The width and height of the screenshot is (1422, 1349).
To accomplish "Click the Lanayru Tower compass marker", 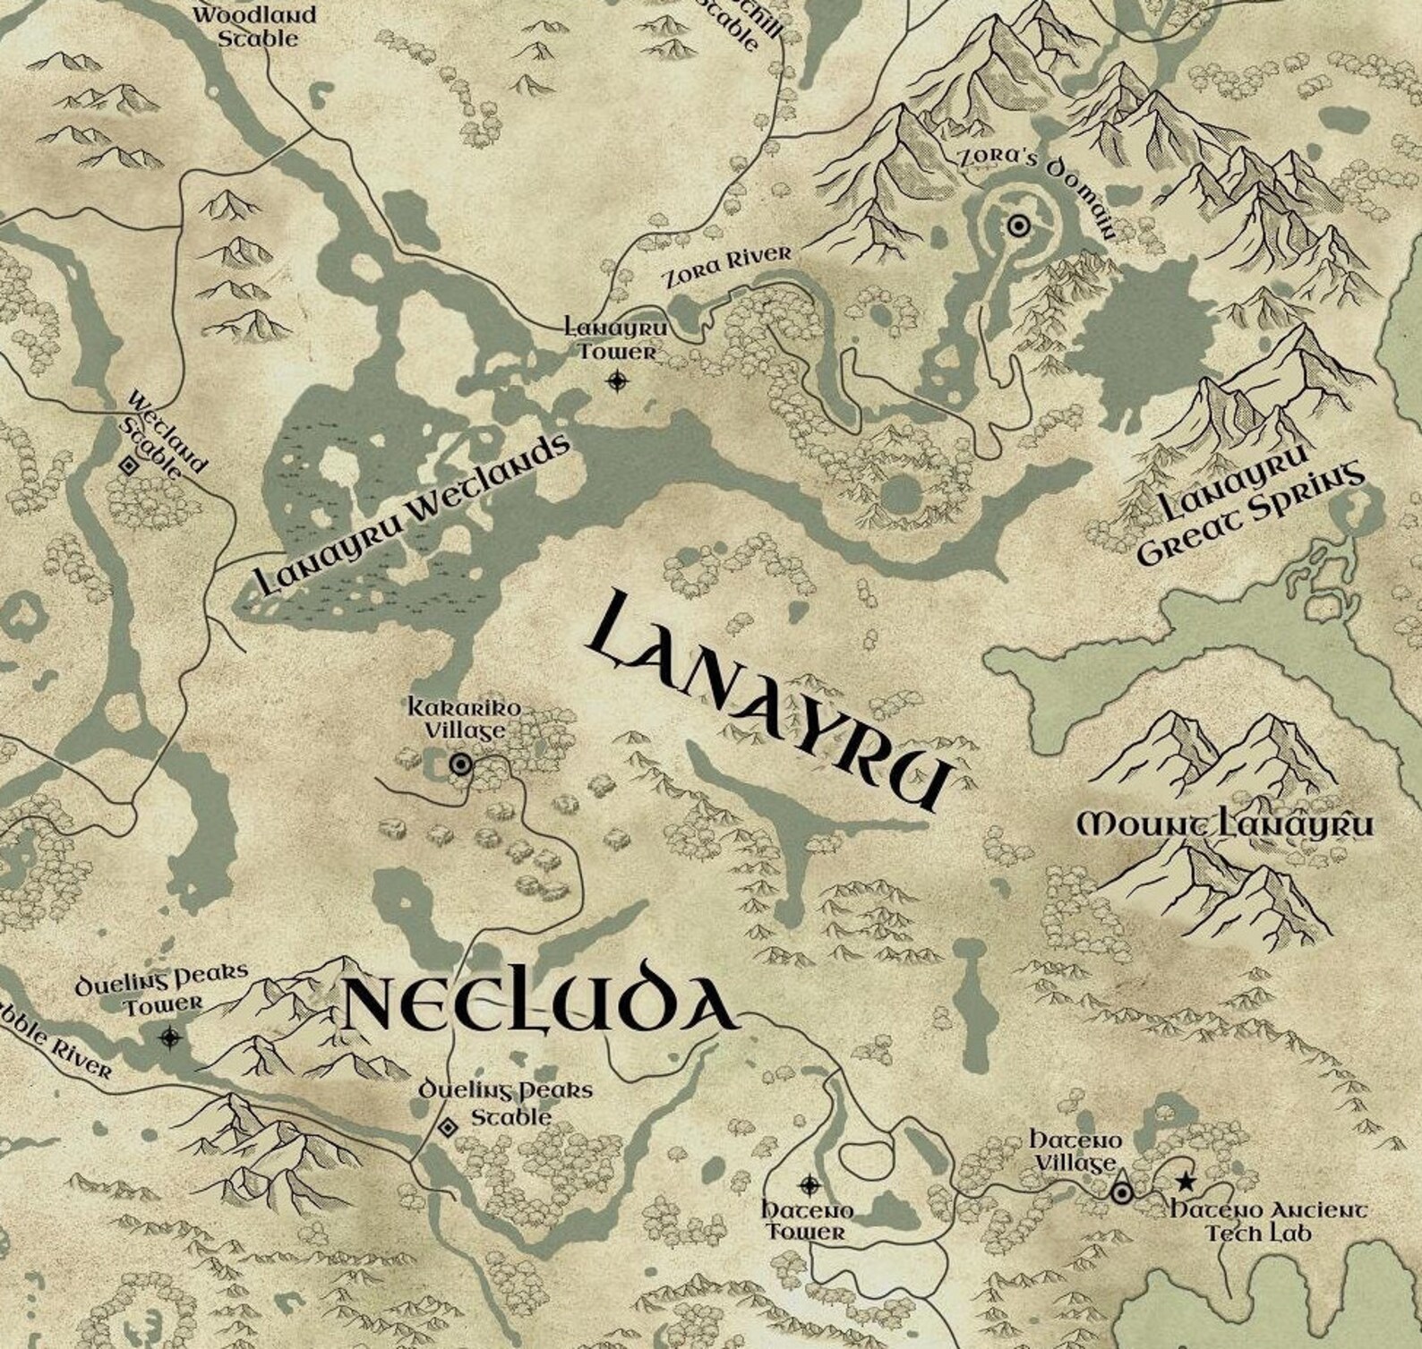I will tap(617, 382).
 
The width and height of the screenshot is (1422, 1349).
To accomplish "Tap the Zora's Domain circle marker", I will tap(1018, 226).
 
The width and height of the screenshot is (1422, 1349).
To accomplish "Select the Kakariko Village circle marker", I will tap(460, 764).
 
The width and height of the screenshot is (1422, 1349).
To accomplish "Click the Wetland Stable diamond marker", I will tap(127, 465).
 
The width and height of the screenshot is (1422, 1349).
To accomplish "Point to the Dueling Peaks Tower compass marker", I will tap(169, 1037).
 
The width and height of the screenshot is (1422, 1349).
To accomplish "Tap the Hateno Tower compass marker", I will tap(810, 1186).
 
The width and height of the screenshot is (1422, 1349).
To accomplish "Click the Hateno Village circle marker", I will tap(1121, 1193).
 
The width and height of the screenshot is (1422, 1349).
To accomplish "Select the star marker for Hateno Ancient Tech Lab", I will tap(1186, 1183).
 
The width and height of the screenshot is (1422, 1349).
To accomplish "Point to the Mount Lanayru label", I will tap(1223, 824).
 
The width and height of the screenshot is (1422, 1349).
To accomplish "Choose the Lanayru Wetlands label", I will tap(412, 515).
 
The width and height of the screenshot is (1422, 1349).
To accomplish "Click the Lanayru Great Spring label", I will tap(1249, 517).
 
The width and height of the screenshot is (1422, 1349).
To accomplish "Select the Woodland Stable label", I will tap(256, 27).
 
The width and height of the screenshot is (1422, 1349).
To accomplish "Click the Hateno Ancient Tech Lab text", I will tap(1270, 1221).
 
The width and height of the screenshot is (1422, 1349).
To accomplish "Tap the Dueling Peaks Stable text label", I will tap(507, 1104).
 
